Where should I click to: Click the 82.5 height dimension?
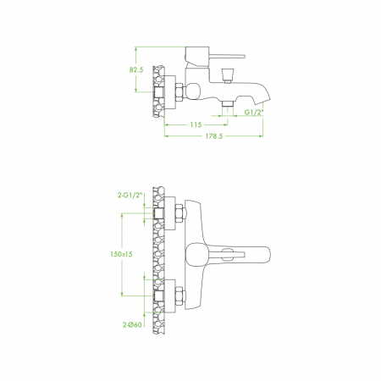click(x=136, y=69)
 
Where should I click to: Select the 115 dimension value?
click(x=196, y=124)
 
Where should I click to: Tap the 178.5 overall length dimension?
click(x=214, y=136)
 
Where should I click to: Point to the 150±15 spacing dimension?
click(x=121, y=254)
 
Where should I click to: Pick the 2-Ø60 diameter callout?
click(x=132, y=325)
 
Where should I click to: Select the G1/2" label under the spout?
click(x=254, y=113)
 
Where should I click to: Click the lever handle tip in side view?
click(x=243, y=56)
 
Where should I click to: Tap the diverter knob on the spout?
click(x=228, y=75)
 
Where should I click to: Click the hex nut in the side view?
click(x=179, y=91)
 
